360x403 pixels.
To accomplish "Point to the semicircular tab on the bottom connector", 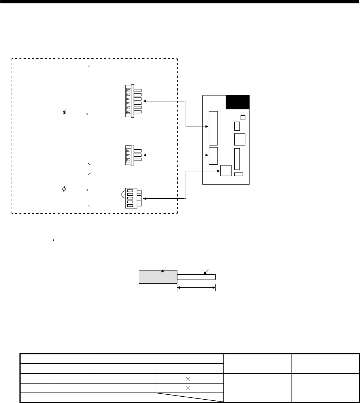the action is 123,195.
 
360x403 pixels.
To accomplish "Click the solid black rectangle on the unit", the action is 238,102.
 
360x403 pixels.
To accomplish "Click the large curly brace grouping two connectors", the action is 88,114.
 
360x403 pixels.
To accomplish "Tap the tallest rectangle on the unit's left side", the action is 213,128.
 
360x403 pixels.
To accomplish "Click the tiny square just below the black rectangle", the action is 242,117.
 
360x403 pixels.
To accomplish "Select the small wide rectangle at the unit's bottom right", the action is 238,174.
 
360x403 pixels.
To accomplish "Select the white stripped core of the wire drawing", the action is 196,277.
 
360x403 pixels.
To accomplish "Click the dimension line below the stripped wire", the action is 196,287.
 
